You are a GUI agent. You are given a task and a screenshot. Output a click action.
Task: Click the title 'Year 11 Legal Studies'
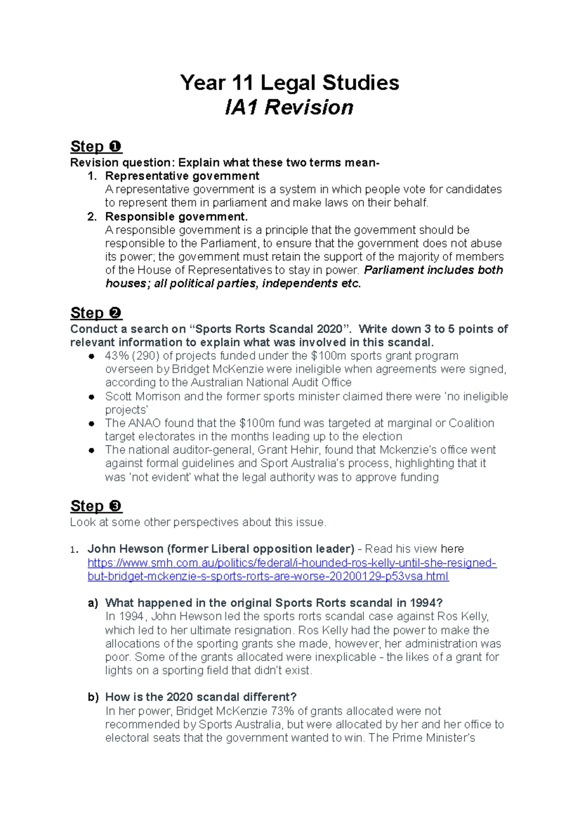(290, 83)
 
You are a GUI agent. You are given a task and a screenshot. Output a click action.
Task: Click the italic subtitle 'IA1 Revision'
(289, 107)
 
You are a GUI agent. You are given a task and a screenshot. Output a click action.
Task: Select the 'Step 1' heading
(96, 146)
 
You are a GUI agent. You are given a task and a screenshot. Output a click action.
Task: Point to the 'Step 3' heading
(96, 506)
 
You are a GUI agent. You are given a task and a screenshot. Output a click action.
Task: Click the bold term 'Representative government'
(182, 176)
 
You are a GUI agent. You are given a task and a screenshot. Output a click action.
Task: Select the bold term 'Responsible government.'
(176, 217)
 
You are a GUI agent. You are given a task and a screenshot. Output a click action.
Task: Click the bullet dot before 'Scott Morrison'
(91, 397)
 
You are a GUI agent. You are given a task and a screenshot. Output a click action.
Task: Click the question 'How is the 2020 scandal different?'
(201, 697)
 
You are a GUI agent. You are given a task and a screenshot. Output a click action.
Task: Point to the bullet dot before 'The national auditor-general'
(91, 450)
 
